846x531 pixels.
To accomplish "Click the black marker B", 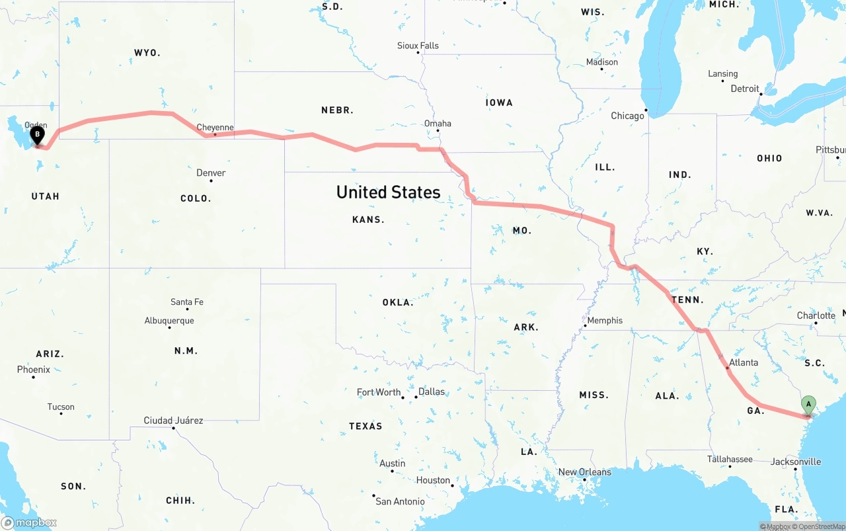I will [38, 136].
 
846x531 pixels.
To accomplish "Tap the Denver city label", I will [211, 173].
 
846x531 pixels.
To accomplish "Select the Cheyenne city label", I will [215, 128].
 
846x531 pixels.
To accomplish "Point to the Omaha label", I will [438, 124].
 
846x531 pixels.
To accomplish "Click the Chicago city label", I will [627, 116].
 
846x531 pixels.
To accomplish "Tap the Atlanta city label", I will [744, 362].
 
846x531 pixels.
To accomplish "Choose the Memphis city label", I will [605, 321].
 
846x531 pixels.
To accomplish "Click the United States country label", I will [388, 192].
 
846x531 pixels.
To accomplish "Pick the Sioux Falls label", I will [418, 46].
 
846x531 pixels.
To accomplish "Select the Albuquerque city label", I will [169, 321].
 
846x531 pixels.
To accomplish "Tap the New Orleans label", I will [585, 472].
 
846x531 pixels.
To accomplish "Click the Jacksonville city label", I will [796, 462].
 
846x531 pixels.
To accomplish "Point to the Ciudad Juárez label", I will [173, 421].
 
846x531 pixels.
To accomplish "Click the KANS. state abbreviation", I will [368, 220].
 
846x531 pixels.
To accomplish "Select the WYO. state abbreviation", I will [147, 53].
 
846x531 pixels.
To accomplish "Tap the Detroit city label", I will [745, 89].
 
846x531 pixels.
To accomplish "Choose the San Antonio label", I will [400, 501].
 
